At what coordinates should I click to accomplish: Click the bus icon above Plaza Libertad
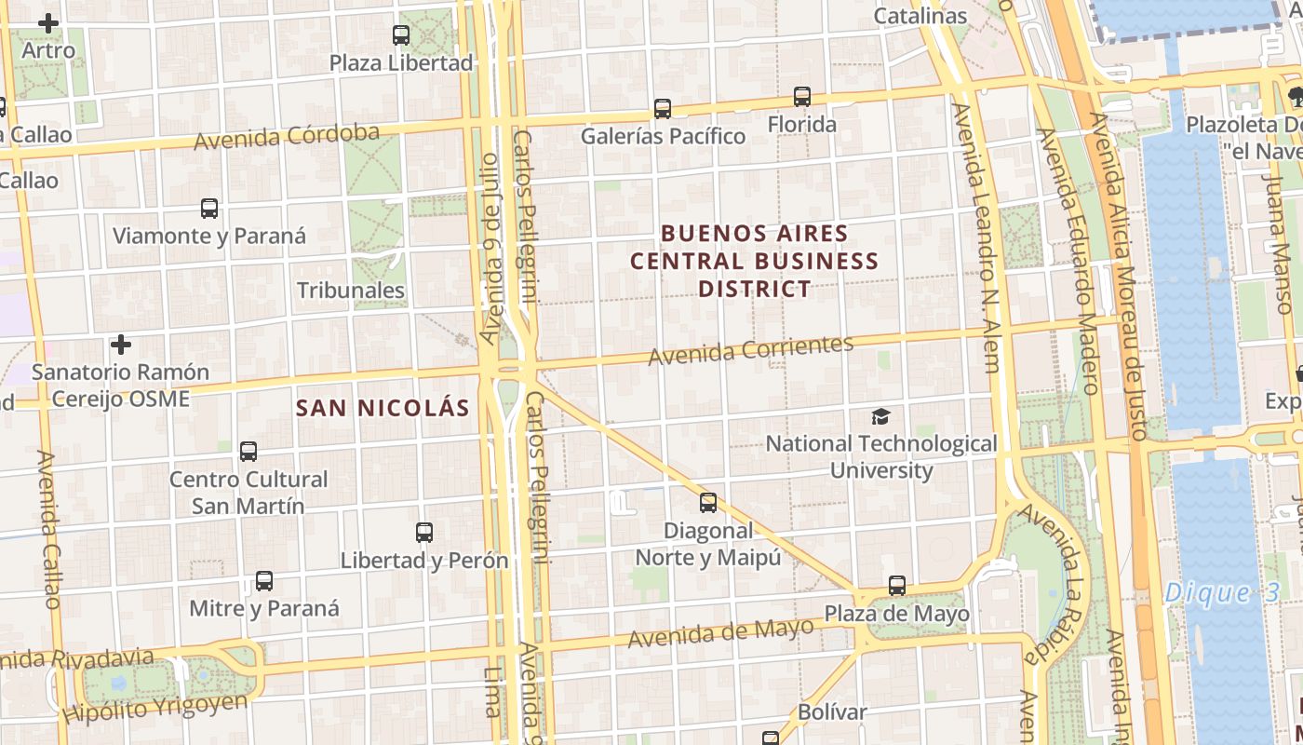(x=401, y=35)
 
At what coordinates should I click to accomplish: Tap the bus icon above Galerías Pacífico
(x=663, y=109)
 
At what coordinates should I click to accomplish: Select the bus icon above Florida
(x=802, y=96)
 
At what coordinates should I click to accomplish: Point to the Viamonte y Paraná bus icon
(x=209, y=209)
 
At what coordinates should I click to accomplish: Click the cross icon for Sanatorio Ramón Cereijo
(x=120, y=345)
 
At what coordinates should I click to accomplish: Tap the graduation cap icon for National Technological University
(x=880, y=416)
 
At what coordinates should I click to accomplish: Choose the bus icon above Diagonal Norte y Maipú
(x=708, y=503)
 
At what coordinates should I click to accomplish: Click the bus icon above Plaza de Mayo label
(x=897, y=586)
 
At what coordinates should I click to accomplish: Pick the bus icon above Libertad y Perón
(x=424, y=533)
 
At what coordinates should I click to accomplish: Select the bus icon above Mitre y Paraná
(x=264, y=581)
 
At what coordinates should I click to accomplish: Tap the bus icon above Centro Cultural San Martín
(x=249, y=452)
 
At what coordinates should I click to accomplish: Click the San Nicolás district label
(x=383, y=408)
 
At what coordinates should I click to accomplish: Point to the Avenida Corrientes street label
(x=750, y=349)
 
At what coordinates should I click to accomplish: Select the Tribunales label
(x=351, y=291)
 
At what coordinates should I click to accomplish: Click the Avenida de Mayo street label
(x=720, y=633)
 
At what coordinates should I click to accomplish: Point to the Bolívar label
(x=832, y=712)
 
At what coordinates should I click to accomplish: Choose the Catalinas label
(x=920, y=16)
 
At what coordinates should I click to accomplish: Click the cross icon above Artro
(x=48, y=22)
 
